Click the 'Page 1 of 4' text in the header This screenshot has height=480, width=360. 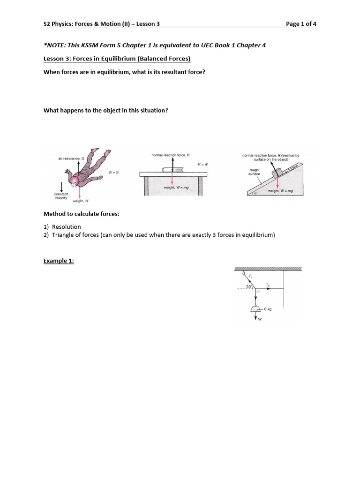pos(301,24)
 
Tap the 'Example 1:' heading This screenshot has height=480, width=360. pos(59,261)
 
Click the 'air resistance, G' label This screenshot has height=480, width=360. pos(71,159)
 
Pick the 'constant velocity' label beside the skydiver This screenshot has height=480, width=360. pos(61,196)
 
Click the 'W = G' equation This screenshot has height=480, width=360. pos(114,172)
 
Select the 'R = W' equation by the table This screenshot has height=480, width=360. pos(203,165)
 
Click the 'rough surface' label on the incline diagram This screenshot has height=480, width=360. pos(255,172)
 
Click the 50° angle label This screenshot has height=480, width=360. pos(250,286)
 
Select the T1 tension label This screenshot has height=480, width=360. pos(251,277)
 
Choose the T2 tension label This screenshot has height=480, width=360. pos(268,285)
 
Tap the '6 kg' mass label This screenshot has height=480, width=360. pos(268,309)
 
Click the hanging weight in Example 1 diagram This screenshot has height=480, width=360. pos(256,309)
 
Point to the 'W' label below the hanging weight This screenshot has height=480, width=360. pos(259,320)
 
